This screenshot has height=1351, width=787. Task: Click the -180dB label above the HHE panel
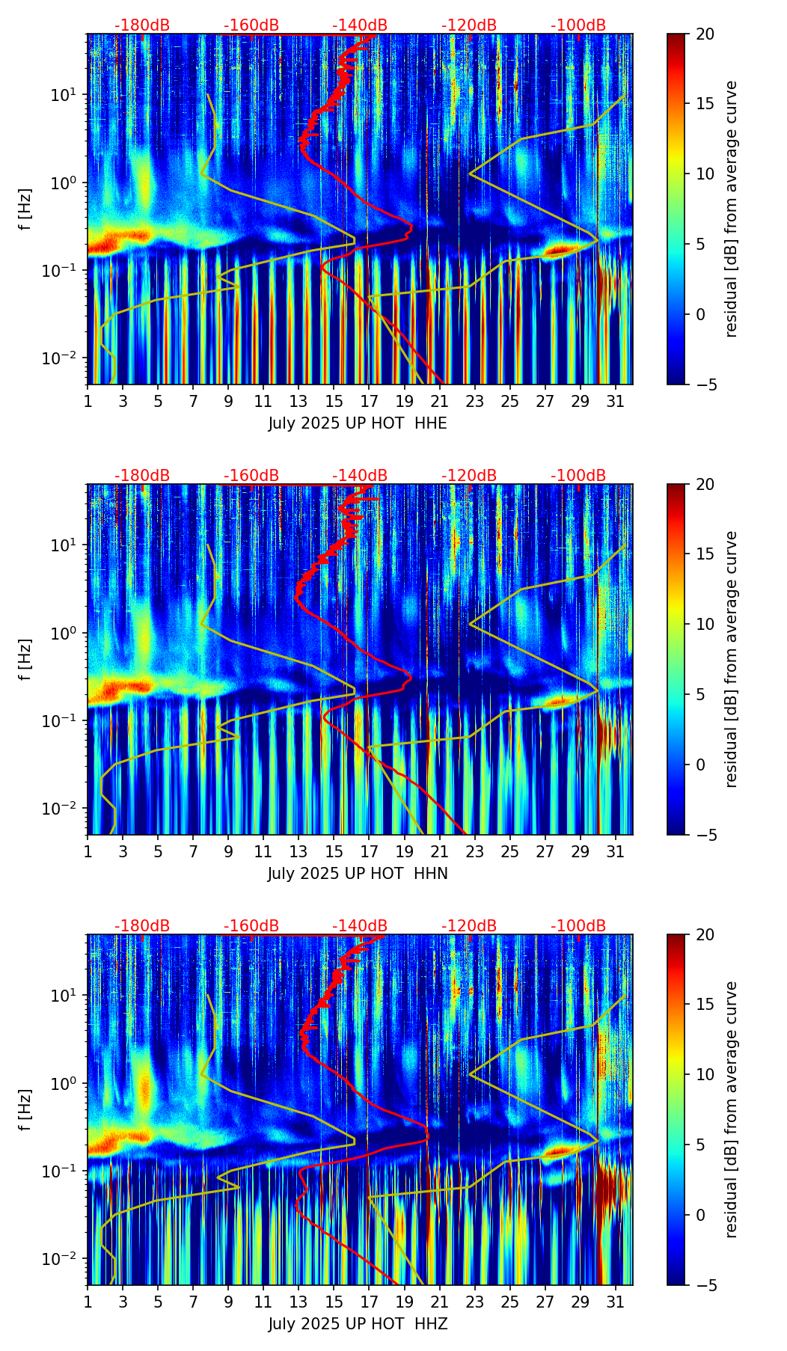click(142, 25)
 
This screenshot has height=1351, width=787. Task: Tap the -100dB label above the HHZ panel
click(578, 926)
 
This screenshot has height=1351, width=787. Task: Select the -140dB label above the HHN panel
click(360, 476)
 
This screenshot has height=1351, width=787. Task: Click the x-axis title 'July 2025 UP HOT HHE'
click(358, 423)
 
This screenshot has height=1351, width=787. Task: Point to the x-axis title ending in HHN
click(358, 874)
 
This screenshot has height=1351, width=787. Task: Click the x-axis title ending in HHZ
click(358, 1324)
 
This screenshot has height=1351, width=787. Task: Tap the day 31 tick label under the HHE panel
click(615, 401)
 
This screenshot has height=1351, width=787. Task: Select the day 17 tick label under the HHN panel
click(369, 851)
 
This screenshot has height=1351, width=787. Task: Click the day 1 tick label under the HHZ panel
click(88, 1302)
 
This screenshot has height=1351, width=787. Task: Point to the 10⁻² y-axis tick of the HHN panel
click(60, 809)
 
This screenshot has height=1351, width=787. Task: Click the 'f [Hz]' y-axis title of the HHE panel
click(25, 209)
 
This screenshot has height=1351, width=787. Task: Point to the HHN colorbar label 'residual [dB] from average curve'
click(732, 659)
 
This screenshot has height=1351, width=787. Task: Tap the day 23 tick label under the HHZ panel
click(474, 1302)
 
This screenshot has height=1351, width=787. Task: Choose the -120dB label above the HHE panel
click(469, 25)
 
